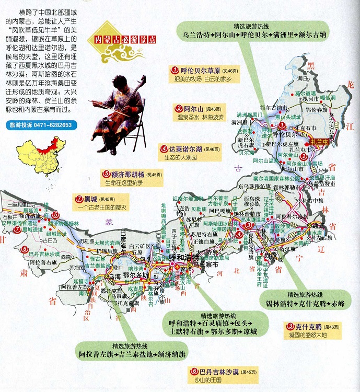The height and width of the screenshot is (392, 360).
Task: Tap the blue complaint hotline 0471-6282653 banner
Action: tap(40, 125)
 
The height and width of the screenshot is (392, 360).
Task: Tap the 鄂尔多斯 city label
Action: tap(133, 274)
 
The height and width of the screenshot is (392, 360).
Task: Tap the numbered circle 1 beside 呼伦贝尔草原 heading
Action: tap(175, 70)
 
